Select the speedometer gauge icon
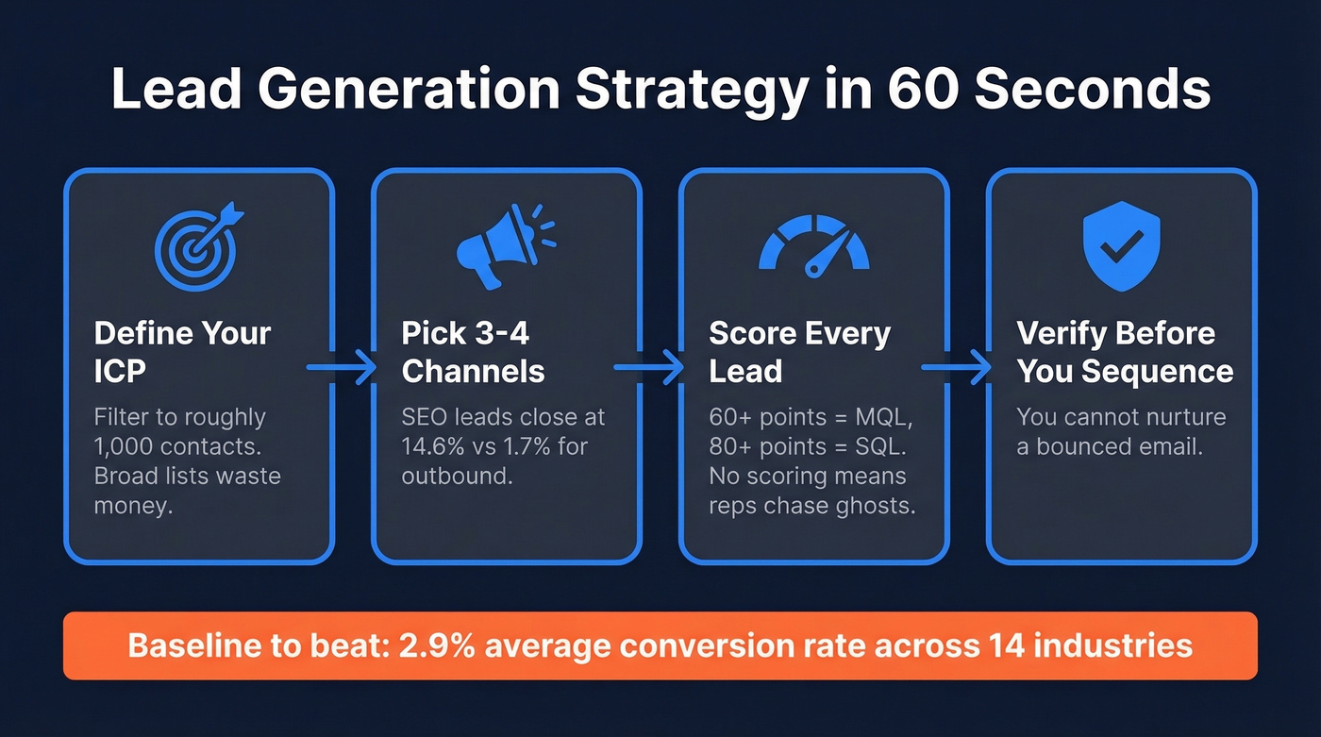[813, 247]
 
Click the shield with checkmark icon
[1121, 247]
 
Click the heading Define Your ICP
[182, 351]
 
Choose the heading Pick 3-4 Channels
[474, 351]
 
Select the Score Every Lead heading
[799, 351]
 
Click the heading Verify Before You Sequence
[1124, 351]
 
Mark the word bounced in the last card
[1084, 446]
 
